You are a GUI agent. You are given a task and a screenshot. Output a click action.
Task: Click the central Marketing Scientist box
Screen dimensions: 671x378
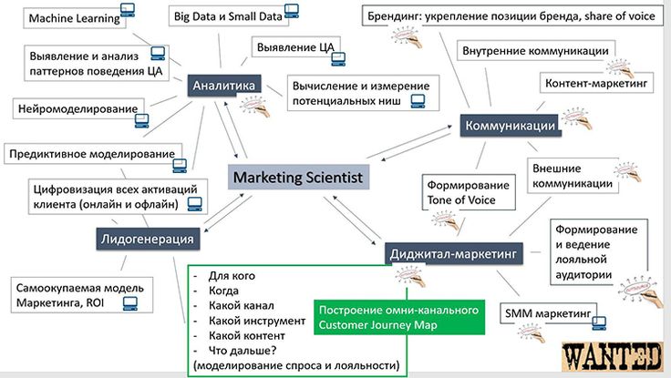coord(298,177)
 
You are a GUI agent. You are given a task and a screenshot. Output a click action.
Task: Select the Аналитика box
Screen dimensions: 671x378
coord(223,86)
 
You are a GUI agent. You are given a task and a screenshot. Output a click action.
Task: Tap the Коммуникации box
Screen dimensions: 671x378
coord(511,126)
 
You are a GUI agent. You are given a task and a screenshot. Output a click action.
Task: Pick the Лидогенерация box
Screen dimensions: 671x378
coord(148,239)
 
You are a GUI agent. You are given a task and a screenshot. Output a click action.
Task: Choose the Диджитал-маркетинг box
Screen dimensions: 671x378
coord(454,254)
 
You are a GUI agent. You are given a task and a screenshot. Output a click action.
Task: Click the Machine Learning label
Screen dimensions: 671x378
coord(75,18)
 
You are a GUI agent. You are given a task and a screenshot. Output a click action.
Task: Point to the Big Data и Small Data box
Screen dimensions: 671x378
coord(229,16)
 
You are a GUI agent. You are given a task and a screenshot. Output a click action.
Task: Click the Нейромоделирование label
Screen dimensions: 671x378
coord(77,108)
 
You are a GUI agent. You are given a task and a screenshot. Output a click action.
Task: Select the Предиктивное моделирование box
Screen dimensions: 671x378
coord(92,154)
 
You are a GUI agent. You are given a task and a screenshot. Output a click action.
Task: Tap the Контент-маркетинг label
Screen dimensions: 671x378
coord(596,83)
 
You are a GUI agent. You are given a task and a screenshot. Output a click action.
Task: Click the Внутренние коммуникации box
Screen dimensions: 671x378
coord(536,51)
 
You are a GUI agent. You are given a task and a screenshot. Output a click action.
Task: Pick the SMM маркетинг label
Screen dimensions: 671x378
coord(548,313)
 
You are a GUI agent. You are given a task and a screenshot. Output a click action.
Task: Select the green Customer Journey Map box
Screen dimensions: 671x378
coord(399,317)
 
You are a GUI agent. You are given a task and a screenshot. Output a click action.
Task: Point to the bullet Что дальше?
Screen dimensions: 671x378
coord(243,351)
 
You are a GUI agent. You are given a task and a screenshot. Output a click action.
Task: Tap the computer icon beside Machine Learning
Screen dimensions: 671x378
coord(128,9)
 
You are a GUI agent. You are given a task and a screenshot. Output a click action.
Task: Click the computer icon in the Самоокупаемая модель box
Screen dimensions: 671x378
coord(130,303)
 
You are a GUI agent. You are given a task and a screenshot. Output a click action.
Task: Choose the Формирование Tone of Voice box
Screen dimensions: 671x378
coord(469,192)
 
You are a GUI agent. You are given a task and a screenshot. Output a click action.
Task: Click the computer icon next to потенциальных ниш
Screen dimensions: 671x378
coord(418,101)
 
